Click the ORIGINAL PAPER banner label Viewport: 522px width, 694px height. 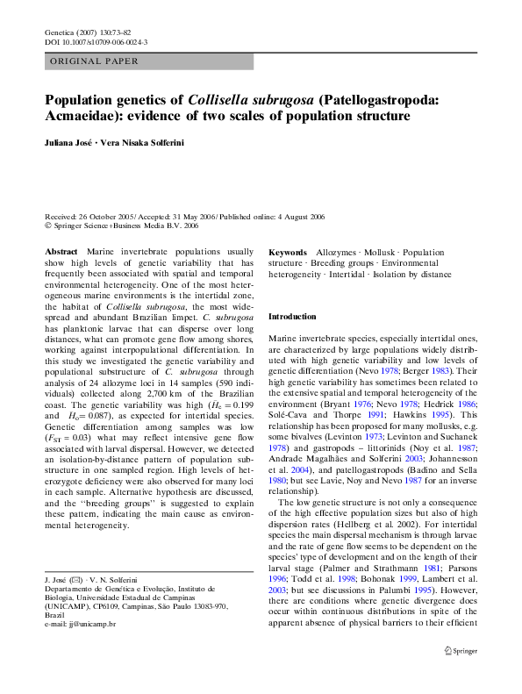[x=89, y=61]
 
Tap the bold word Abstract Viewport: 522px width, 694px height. [x=61, y=252]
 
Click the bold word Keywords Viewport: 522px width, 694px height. [x=288, y=252]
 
